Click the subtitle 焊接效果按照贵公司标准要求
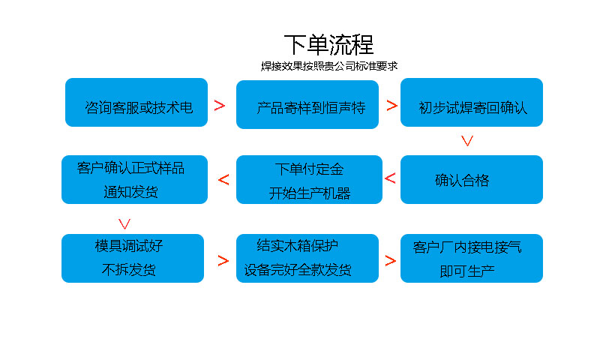tap(328, 66)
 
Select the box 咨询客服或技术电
tap(136, 103)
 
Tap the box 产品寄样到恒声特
tap(307, 104)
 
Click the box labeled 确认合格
tap(471, 180)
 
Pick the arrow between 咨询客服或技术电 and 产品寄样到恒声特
tap(220, 106)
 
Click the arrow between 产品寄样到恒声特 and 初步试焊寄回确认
tap(391, 106)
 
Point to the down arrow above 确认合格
tap(466, 140)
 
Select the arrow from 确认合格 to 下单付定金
tap(390, 178)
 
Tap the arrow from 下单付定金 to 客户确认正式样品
tap(223, 179)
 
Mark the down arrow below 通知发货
tap(125, 223)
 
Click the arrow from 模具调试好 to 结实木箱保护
tap(223, 261)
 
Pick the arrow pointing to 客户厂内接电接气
tap(390, 261)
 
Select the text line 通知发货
tap(130, 191)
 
